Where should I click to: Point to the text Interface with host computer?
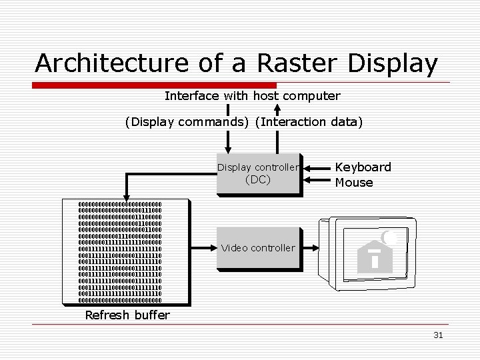tap(252, 96)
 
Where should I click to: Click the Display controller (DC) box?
tap(258, 173)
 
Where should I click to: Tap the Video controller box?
tap(258, 247)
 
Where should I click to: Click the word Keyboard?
tap(363, 167)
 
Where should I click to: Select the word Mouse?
tap(354, 182)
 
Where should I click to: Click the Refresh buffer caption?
tap(127, 315)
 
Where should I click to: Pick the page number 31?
tap(438, 335)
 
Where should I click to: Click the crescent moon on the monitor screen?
tap(388, 236)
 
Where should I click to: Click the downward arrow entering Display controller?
tap(229, 148)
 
